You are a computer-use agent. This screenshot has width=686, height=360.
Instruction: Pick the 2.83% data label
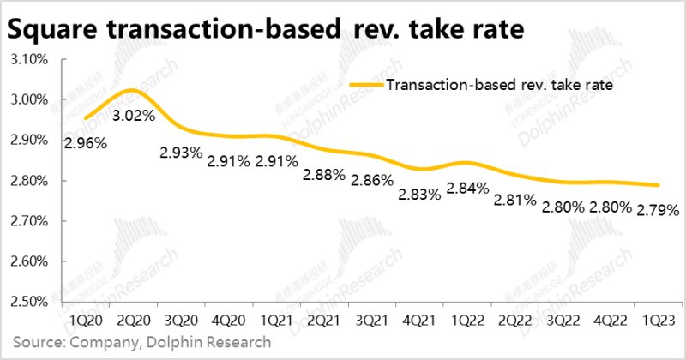[x=419, y=195]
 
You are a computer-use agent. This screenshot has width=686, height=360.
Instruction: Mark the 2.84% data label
[x=468, y=188]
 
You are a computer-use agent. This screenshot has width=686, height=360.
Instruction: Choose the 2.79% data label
[x=658, y=208]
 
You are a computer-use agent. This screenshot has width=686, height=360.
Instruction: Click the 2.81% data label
[x=515, y=201]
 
